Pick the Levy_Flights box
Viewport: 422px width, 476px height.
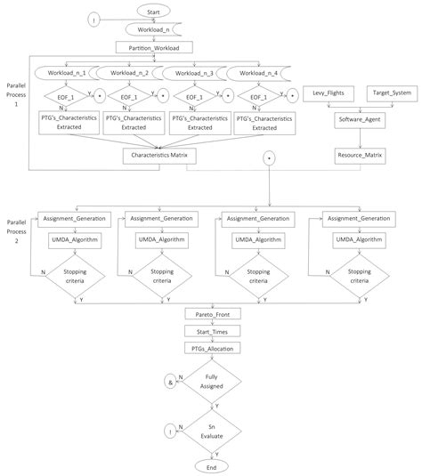click(329, 93)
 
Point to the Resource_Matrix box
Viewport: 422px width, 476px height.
click(359, 154)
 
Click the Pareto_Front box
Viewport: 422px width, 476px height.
click(211, 315)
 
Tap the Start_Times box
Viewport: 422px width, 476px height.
click(211, 331)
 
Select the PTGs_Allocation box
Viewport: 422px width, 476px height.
click(211, 348)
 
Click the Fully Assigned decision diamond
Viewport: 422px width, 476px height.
click(211, 381)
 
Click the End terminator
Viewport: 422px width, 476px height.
click(211, 466)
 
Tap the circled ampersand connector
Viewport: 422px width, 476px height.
click(169, 381)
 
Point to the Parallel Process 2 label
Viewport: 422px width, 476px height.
click(16, 229)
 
